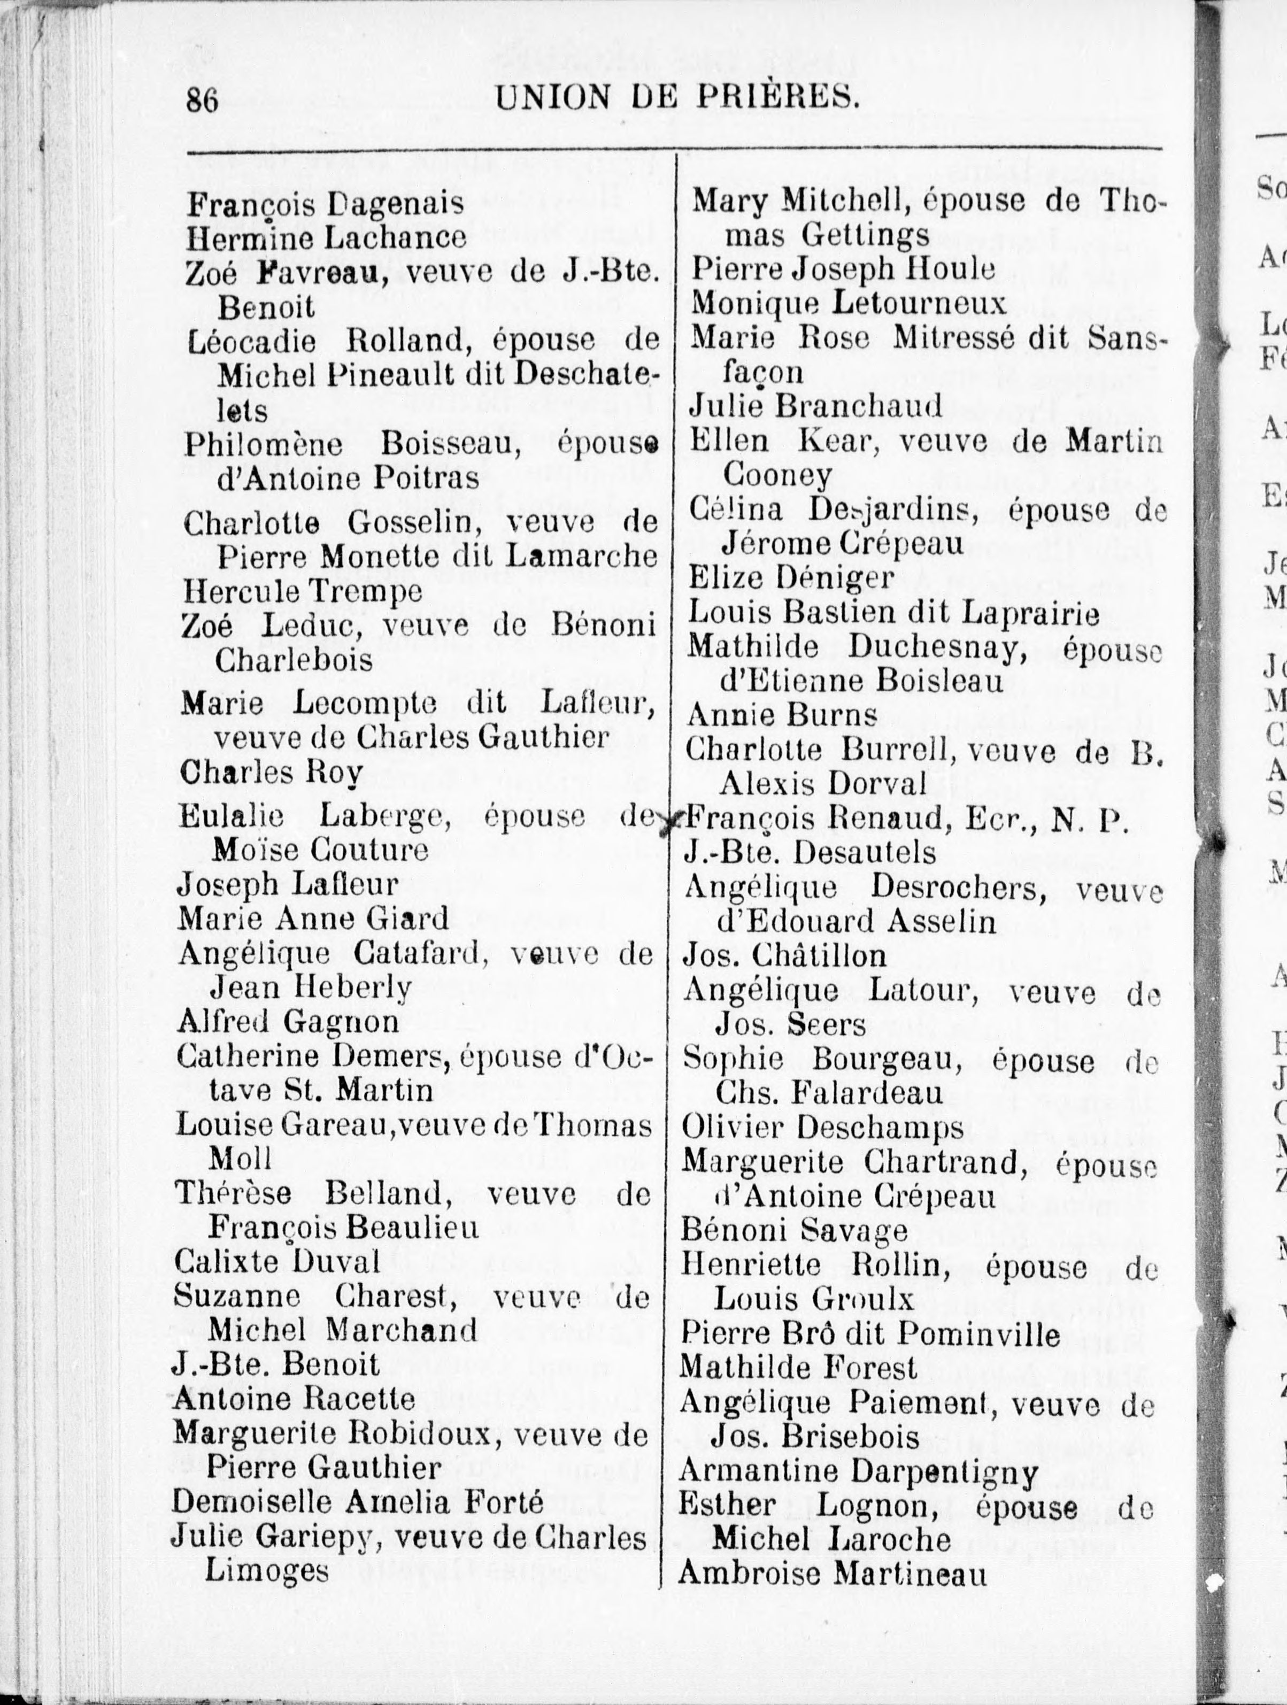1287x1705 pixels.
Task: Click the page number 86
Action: coord(203,100)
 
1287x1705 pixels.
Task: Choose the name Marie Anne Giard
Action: coord(313,918)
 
